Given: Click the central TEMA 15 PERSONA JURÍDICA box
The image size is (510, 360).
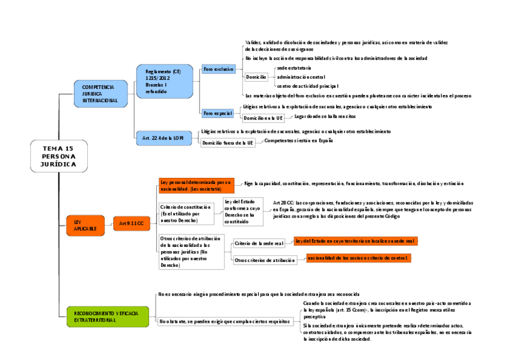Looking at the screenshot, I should pos(58,156).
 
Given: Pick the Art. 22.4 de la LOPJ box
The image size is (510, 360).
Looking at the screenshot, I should pos(163,138).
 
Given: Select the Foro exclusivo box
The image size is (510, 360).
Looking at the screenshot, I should pos(218,69).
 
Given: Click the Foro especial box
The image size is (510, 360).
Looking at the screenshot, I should pos(218,112).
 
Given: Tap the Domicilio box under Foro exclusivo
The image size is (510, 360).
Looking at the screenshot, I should pos(256,77).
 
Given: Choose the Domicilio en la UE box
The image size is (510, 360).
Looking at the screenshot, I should pos(263,118).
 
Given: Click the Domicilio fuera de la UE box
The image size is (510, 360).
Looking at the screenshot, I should pos(227,143).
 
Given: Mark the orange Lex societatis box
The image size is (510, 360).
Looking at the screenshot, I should pos(195,185).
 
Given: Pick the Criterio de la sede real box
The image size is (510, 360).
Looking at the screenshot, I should pos(259,243).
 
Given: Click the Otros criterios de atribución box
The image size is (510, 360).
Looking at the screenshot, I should pos(264,260).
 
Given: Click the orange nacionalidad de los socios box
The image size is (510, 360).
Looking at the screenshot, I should pos(357,258).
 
